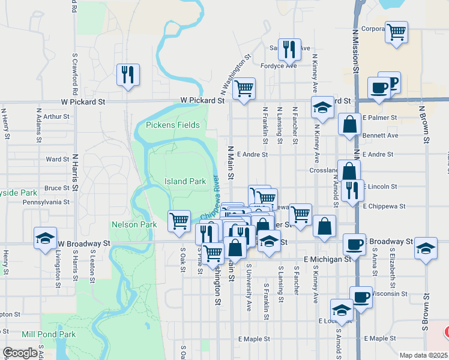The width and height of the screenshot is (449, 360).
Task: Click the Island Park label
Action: click(185, 181)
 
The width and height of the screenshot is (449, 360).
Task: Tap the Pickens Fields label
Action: click(173, 125)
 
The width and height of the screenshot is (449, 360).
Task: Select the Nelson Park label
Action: click(134, 224)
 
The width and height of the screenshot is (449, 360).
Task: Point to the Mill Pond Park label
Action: click(49, 334)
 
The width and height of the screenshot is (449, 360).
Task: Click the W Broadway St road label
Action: click(85, 244)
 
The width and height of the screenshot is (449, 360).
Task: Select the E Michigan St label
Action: click(327, 259)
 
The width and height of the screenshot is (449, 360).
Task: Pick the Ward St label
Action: click(58, 160)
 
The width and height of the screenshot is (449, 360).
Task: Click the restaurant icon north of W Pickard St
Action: click(127, 74)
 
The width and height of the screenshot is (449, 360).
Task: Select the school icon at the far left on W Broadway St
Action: click(45, 238)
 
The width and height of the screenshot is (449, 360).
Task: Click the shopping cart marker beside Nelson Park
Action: click(179, 221)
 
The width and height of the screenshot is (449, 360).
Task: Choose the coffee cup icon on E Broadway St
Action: click(354, 244)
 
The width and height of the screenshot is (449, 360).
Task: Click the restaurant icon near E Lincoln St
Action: click(352, 190)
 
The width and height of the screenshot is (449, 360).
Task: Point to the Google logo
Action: click(20, 353)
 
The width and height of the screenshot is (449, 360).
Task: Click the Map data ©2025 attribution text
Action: click(423, 355)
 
